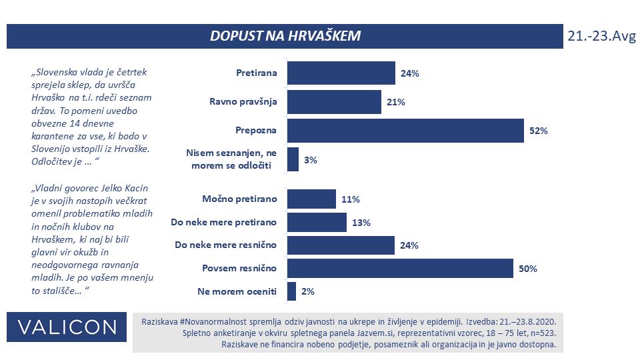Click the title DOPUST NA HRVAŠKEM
point(285,36)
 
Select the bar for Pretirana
point(341,73)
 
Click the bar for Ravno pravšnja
point(334,101)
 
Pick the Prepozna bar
point(405,130)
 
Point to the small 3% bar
point(293,160)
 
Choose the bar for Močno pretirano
point(311,199)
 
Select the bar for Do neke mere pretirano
point(317,222)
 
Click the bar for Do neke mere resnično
point(341,245)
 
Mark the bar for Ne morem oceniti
point(291,291)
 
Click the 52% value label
point(538,131)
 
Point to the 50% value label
point(527,269)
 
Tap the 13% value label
point(361,223)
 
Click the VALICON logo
point(67,327)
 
